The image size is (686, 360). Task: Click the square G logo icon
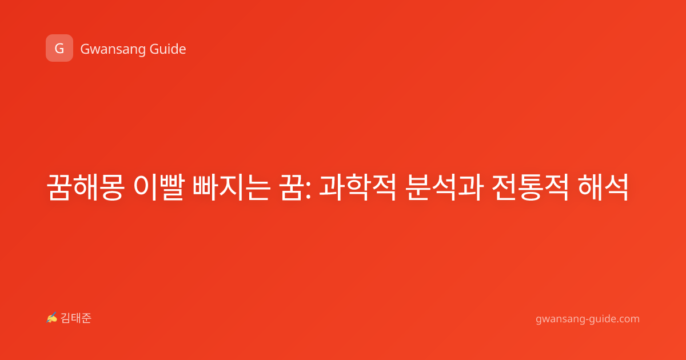coord(59,48)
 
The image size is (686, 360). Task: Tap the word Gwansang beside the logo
coord(113,49)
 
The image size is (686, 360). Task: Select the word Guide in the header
coord(167,49)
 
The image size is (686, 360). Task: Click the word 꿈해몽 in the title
coord(85,187)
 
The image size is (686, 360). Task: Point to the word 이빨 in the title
coord(159,187)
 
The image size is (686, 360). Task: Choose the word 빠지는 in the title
coord(232,187)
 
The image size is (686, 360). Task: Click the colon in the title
coord(308,190)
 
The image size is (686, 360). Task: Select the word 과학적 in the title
coord(358,187)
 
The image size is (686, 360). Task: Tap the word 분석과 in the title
coord(444,187)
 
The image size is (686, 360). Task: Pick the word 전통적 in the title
coord(530,187)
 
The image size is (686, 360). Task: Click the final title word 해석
coord(603,187)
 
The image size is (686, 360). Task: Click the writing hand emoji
coord(52,318)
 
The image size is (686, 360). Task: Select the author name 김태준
coord(76,318)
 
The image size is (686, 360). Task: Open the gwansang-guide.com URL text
coord(588,319)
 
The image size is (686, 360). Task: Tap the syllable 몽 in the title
coord(112,187)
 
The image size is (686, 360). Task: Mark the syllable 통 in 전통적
coord(531,187)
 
